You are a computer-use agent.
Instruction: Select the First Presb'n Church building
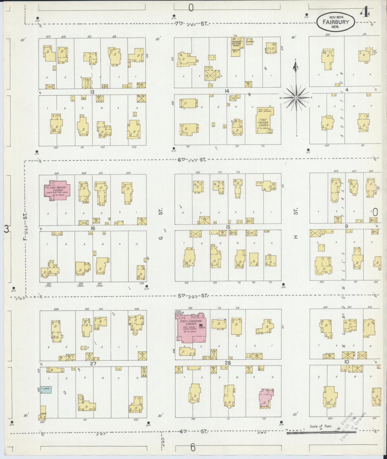pos(264,120)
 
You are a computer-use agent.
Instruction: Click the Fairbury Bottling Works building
pos(235,47)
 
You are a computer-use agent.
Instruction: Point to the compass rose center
pos(296,98)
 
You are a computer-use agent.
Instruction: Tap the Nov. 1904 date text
pos(336,17)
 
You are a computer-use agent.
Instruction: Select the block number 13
pos(92,92)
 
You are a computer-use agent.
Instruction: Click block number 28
pos(228,363)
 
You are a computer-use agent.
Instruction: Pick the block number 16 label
pos(93,228)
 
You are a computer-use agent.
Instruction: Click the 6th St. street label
pos(192,160)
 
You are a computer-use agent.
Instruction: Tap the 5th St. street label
pos(192,296)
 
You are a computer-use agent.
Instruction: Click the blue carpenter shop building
pos(46,390)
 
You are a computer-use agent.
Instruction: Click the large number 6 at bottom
pos(192,447)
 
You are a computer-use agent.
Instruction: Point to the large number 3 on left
pos(6,229)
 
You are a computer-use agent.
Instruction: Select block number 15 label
pos(228,227)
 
